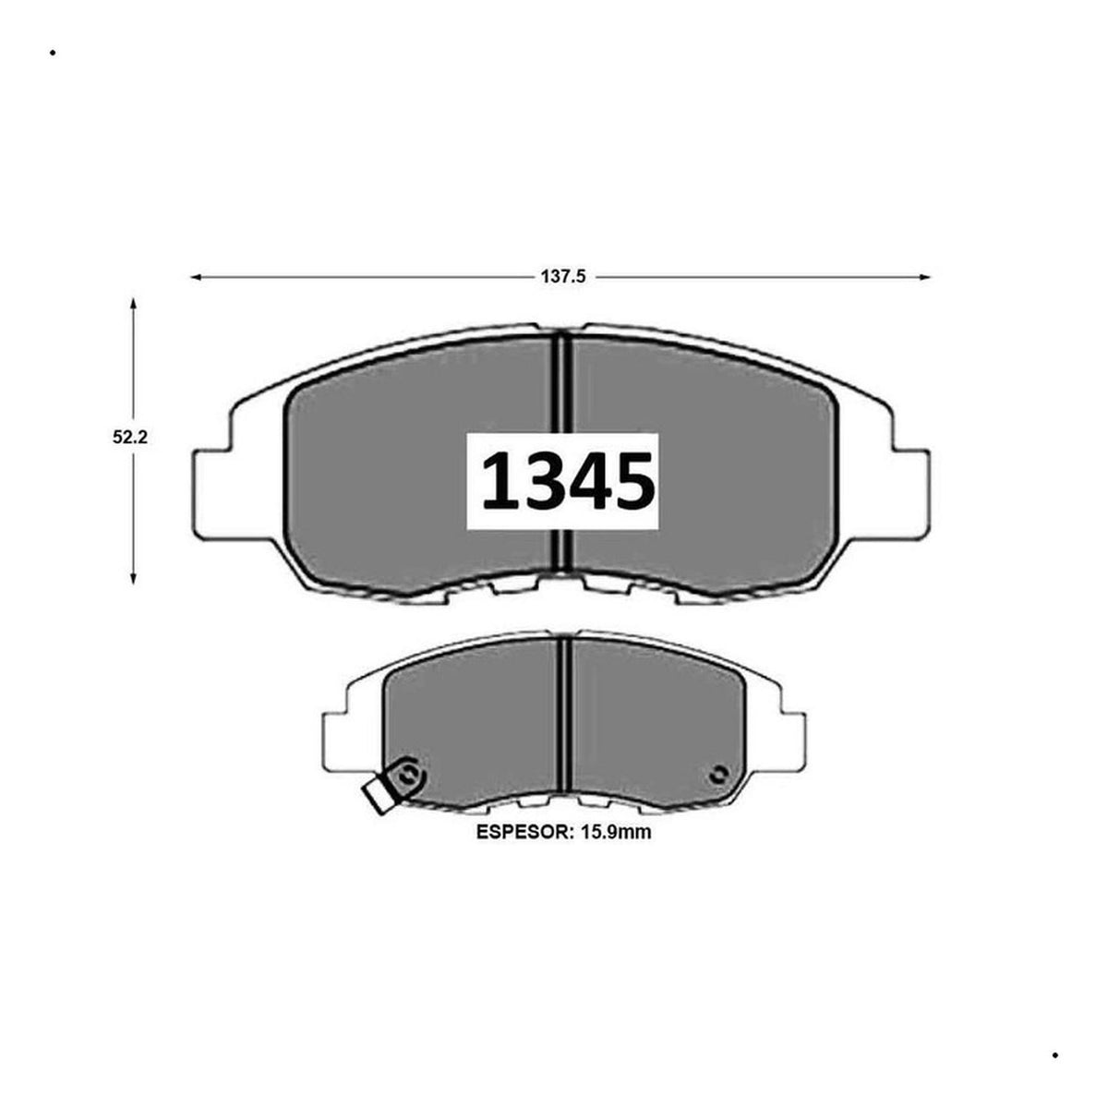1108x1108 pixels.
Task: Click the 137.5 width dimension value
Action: point(562,277)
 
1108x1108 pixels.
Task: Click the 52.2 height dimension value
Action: point(130,437)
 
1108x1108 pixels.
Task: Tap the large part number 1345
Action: point(568,481)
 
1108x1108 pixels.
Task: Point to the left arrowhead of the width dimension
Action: point(196,277)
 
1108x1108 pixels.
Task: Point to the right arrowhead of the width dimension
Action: point(924,277)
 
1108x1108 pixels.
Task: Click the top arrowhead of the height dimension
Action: point(133,304)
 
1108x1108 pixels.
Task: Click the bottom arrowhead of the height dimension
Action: point(133,580)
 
